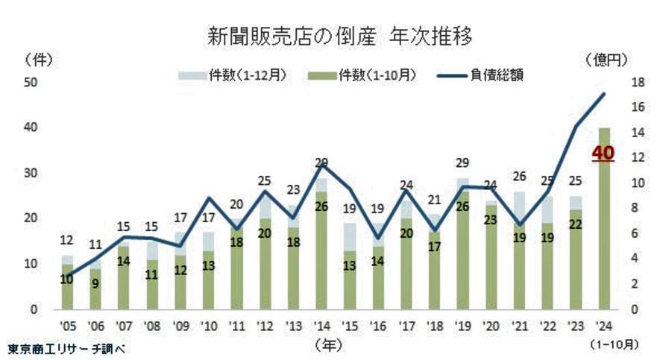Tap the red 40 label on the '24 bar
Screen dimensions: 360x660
tap(603, 154)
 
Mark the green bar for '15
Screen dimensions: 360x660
tap(349, 280)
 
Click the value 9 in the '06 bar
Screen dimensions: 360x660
tap(95, 283)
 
